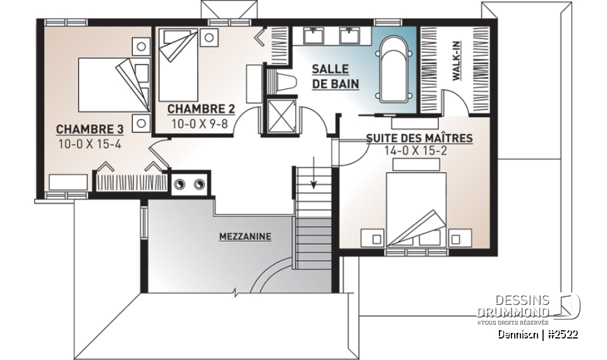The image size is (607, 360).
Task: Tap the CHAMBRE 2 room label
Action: tap(197, 109)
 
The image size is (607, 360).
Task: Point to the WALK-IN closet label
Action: tap(456, 61)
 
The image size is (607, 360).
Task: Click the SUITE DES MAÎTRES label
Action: tap(420, 138)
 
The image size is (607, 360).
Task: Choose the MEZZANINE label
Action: tap(245, 237)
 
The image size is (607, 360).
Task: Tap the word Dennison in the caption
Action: tap(517, 334)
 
